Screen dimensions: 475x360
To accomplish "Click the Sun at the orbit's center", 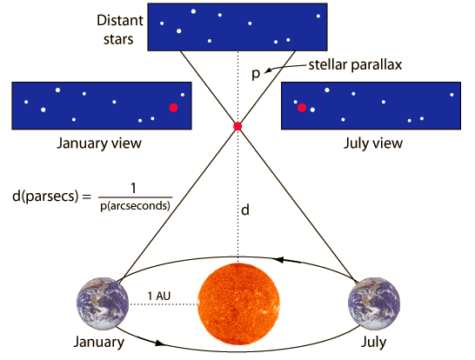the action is click(238, 303).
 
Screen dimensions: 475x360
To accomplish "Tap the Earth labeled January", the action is click(103, 303).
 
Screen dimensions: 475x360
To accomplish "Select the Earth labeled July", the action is click(374, 303).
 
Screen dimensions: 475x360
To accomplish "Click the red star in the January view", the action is click(173, 108).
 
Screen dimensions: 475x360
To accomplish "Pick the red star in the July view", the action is click(302, 108).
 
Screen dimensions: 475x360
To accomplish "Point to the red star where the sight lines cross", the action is click(237, 126).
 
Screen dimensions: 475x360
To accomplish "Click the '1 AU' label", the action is click(159, 296).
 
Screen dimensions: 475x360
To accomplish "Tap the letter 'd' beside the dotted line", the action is click(245, 210).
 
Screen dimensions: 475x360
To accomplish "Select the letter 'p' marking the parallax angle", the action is click(256, 74).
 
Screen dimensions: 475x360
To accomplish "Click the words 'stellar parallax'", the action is click(355, 65).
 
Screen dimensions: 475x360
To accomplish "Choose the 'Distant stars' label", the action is click(120, 30).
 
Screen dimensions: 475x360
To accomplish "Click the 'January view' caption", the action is click(99, 143).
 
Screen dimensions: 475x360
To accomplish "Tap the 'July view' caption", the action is click(373, 143).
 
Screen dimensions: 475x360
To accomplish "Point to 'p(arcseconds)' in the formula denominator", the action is click(135, 206).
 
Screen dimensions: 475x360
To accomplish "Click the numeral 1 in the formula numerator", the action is click(133, 189).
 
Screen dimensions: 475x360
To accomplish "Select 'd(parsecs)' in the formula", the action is click(45, 196).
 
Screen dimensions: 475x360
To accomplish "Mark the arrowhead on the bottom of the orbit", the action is click(160, 343).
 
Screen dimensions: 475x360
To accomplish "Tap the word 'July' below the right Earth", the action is click(373, 342).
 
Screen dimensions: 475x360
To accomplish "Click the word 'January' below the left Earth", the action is click(99, 342).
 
